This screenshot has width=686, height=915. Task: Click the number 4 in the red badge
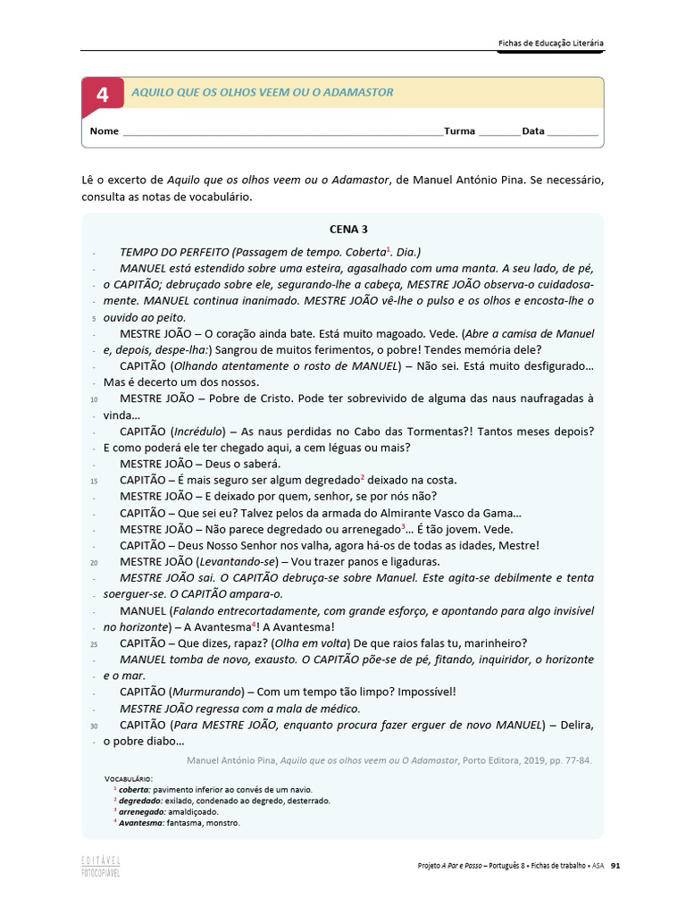point(103,95)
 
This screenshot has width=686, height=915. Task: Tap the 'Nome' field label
point(105,131)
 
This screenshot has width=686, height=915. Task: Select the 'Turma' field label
point(459,131)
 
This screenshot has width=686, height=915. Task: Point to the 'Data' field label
point(533,131)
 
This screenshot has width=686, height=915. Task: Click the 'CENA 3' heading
point(342,230)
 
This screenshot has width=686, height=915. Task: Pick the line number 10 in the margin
point(94,399)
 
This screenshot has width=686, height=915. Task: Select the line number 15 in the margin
point(94,481)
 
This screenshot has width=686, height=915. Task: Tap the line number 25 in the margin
point(94,643)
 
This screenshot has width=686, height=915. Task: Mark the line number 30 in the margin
point(94,725)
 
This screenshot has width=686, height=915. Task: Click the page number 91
point(615,865)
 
